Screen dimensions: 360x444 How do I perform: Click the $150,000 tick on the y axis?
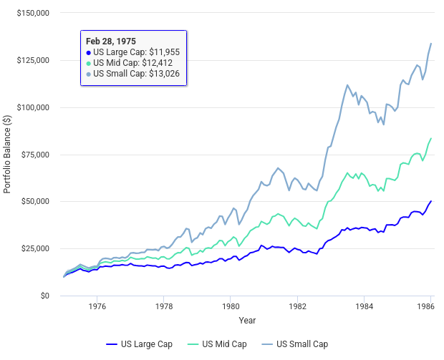pyautogui.click(x=33, y=13)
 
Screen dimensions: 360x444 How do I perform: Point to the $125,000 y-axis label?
pyautogui.click(x=33, y=60)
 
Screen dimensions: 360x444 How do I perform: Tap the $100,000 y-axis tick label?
pyautogui.click(x=33, y=107)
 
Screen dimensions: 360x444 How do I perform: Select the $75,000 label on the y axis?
pyautogui.click(x=35, y=155)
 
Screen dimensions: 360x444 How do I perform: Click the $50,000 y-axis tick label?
pyautogui.click(x=35, y=201)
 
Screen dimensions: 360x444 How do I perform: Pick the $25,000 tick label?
pyautogui.click(x=35, y=248)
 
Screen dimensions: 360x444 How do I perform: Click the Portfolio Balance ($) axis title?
pyautogui.click(x=7, y=154)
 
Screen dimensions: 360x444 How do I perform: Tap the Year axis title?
pyautogui.click(x=247, y=320)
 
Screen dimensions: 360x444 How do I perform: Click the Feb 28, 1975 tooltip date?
pyautogui.click(x=111, y=41)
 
